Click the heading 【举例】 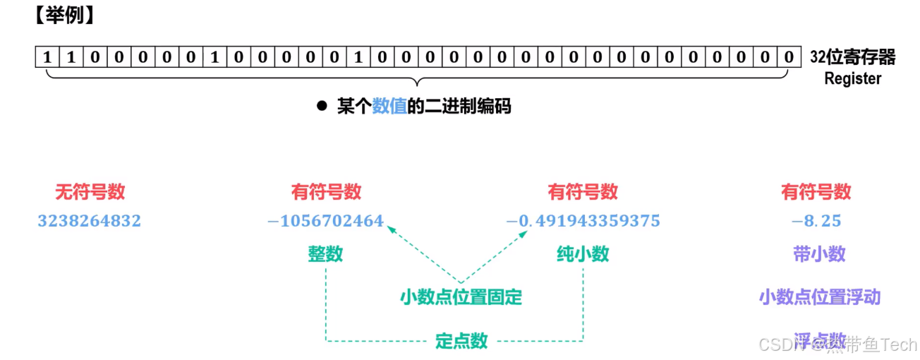click(63, 16)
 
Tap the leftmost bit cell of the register click(47, 56)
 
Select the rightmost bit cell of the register click(789, 56)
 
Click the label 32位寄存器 click(852, 57)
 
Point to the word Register click(852, 78)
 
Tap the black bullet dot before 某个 click(322, 107)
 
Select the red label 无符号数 click(90, 191)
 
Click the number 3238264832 click(90, 221)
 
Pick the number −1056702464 click(325, 221)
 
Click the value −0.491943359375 click(583, 221)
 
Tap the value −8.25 click(816, 221)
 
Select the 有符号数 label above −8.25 click(816, 191)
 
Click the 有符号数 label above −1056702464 click(326, 191)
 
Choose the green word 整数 click(325, 254)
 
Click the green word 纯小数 click(583, 254)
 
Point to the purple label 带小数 click(819, 254)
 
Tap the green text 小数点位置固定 click(461, 297)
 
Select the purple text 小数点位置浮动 click(820, 296)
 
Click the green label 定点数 click(461, 341)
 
